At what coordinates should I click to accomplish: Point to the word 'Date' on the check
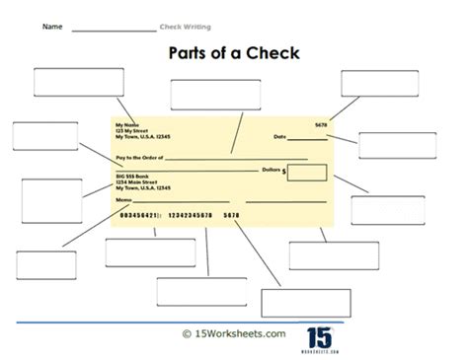point(279,137)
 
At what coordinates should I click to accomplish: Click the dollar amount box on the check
point(307,173)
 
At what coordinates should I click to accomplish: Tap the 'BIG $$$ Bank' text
point(134,175)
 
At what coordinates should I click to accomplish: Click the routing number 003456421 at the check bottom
point(139,214)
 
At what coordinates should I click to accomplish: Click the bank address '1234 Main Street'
point(137,181)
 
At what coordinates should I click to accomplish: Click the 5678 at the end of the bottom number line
point(232,214)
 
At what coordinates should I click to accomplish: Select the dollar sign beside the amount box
point(285,172)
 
